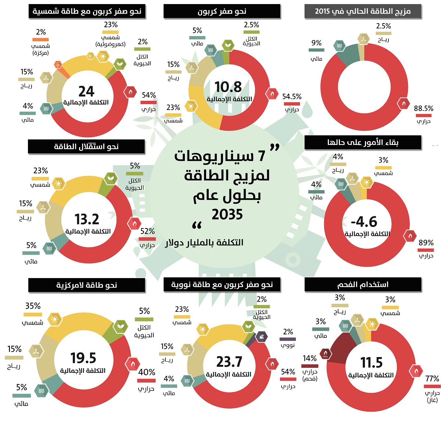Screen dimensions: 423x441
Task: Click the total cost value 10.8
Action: (x=228, y=87)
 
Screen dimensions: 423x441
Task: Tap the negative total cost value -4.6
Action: (x=364, y=222)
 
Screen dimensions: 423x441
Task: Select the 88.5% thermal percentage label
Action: (x=423, y=109)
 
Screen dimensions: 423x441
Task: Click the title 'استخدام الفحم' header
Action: (x=363, y=285)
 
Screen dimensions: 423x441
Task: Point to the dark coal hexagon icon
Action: (x=326, y=354)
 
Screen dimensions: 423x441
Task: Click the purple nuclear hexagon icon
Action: (x=261, y=337)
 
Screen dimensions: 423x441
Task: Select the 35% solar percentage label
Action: (x=33, y=306)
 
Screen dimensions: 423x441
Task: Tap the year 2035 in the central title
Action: (x=227, y=214)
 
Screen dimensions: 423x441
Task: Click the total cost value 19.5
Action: (x=83, y=358)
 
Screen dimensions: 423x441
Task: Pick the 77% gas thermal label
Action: (x=432, y=379)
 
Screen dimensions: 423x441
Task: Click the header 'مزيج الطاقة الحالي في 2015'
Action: (x=363, y=11)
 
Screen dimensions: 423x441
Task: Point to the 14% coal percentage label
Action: (x=309, y=358)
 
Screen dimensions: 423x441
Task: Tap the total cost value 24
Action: (x=86, y=91)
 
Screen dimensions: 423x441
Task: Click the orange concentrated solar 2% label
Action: (x=41, y=32)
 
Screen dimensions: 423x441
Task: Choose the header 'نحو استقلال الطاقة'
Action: (x=86, y=147)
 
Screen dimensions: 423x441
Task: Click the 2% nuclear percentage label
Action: (x=288, y=332)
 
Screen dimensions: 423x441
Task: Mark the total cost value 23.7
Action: (x=229, y=362)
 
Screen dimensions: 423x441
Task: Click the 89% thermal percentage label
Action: (x=426, y=243)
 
